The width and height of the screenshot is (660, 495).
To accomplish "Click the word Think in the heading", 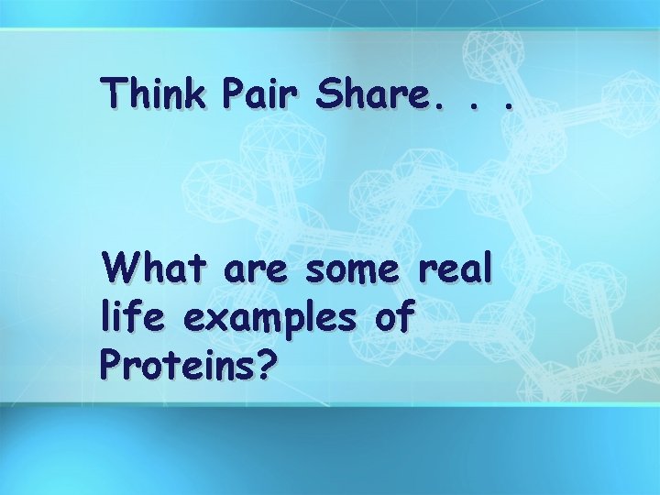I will [155, 93].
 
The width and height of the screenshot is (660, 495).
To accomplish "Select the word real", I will [456, 269].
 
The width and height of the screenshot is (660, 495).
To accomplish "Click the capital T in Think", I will [115, 93].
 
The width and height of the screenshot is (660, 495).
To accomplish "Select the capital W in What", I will [120, 269].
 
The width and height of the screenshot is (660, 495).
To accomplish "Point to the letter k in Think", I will [196, 93].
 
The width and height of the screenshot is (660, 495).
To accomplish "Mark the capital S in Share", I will [327, 93].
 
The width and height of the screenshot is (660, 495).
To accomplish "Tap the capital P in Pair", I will [234, 93].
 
